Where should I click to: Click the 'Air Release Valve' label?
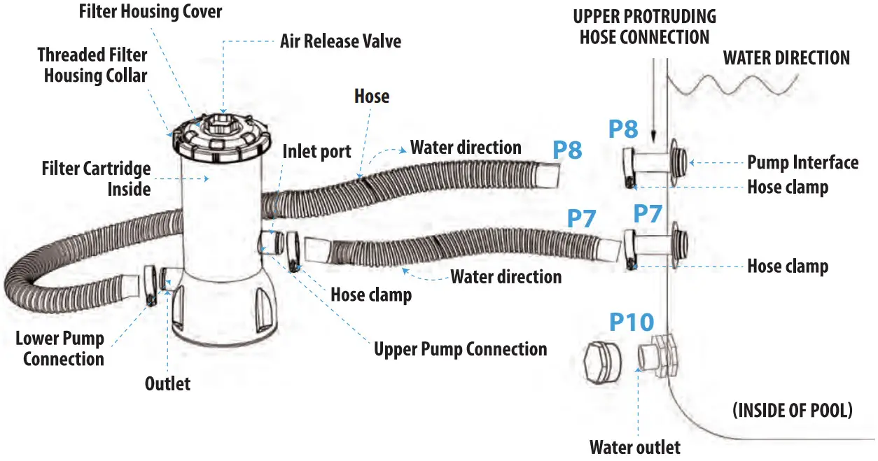point(340,41)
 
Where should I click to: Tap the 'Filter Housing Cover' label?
point(150,12)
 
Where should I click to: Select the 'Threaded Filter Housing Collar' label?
point(92,64)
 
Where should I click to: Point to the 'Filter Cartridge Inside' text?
point(96,178)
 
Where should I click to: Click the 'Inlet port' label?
point(316,152)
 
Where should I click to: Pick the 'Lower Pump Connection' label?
point(60,348)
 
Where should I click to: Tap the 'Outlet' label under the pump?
point(167,383)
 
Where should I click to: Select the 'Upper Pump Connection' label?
point(460,349)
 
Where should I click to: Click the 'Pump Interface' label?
point(802,163)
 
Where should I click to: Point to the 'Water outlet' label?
point(634,446)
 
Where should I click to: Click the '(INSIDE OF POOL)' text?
point(792,411)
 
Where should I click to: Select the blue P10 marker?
point(631,322)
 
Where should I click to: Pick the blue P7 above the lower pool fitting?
point(648,214)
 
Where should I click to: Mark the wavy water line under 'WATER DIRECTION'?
point(732,84)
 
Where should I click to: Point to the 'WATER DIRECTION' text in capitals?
point(786,58)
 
